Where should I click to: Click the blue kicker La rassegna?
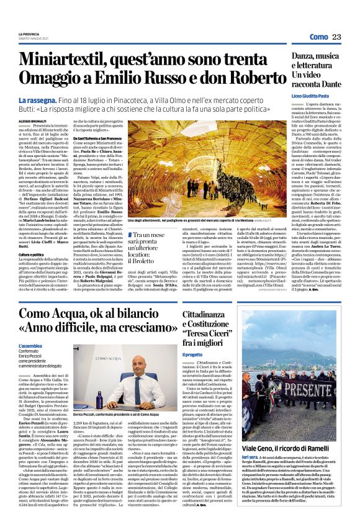[x=39, y=100]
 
